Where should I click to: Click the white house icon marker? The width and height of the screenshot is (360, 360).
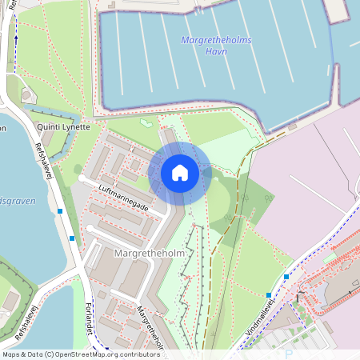(x=180, y=172)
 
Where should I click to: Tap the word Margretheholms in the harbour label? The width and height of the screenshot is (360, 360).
(x=216, y=39)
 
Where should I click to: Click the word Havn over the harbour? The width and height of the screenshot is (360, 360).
(x=215, y=51)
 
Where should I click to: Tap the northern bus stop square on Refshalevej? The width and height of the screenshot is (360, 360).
(x=60, y=212)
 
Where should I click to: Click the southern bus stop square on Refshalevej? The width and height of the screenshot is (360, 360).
(x=72, y=238)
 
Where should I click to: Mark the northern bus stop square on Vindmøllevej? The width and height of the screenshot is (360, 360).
(x=286, y=277)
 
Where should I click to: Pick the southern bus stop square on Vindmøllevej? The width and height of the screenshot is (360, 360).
(x=268, y=295)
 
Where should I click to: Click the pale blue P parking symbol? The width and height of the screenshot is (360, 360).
(x=290, y=351)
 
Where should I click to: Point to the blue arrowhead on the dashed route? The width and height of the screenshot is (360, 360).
(x=16, y=38)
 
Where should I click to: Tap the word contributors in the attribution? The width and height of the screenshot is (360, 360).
(x=137, y=354)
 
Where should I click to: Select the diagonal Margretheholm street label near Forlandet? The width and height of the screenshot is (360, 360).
(x=152, y=328)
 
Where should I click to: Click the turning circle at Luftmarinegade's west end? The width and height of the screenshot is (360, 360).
(x=82, y=182)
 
